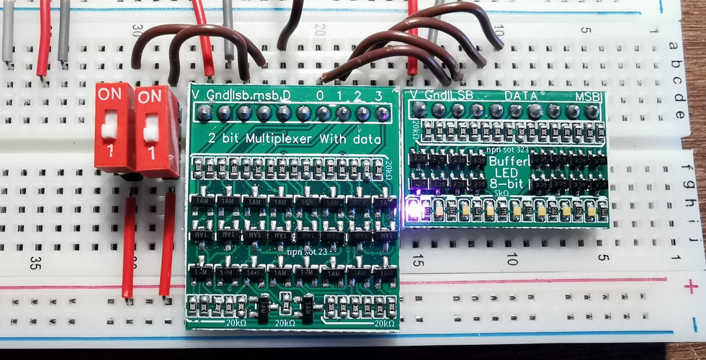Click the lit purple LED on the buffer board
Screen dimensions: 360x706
coord(414,211)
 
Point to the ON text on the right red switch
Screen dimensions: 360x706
coord(150,96)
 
